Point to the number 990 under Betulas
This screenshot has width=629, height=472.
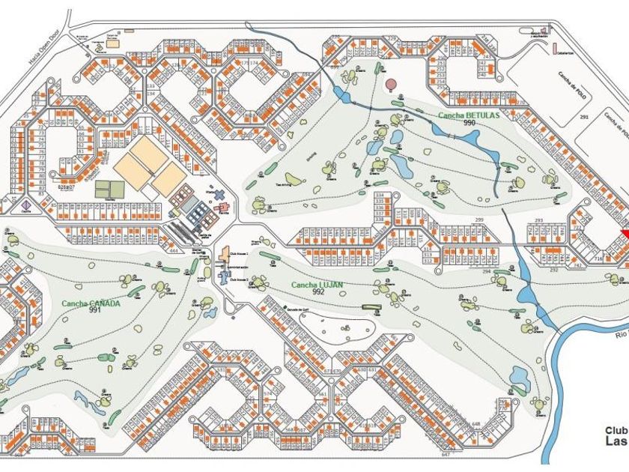[470, 123]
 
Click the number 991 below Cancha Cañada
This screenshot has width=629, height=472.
[94, 310]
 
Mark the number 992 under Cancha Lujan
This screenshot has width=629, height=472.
[319, 293]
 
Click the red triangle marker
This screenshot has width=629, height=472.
[624, 236]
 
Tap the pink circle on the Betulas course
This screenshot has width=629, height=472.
[391, 83]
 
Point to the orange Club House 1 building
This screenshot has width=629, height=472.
[223, 255]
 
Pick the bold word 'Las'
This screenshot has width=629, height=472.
[616, 442]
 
